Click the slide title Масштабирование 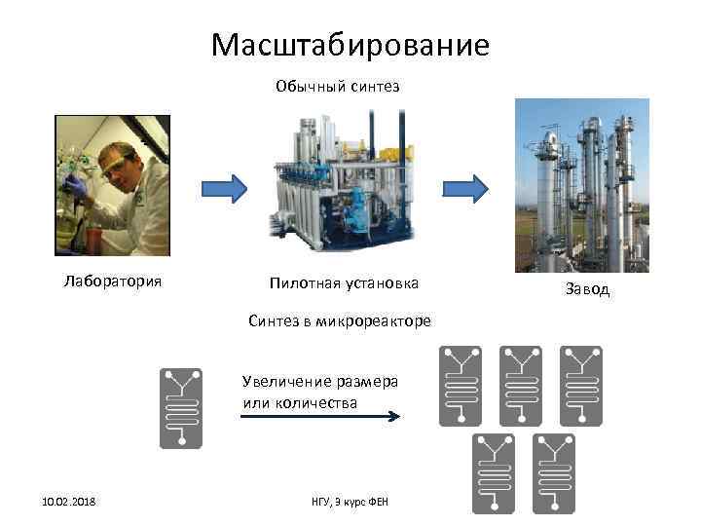(350, 45)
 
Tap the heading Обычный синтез (337, 87)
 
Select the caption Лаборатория (112, 282)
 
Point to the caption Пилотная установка (345, 283)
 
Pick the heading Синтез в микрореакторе (339, 321)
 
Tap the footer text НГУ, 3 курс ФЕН (350, 501)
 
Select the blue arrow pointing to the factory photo (464, 187)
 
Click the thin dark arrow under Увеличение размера (320, 416)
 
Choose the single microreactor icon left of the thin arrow (180, 408)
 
